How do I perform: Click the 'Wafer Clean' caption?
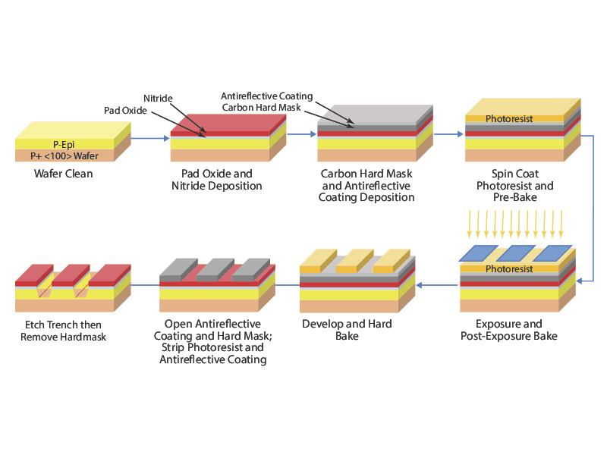pyautogui.click(x=64, y=174)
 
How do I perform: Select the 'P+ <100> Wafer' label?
pyautogui.click(x=64, y=155)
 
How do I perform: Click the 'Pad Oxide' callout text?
pyautogui.click(x=125, y=111)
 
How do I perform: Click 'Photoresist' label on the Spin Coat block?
pyautogui.click(x=509, y=119)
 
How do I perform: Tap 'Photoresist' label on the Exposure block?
pyautogui.click(x=509, y=268)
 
